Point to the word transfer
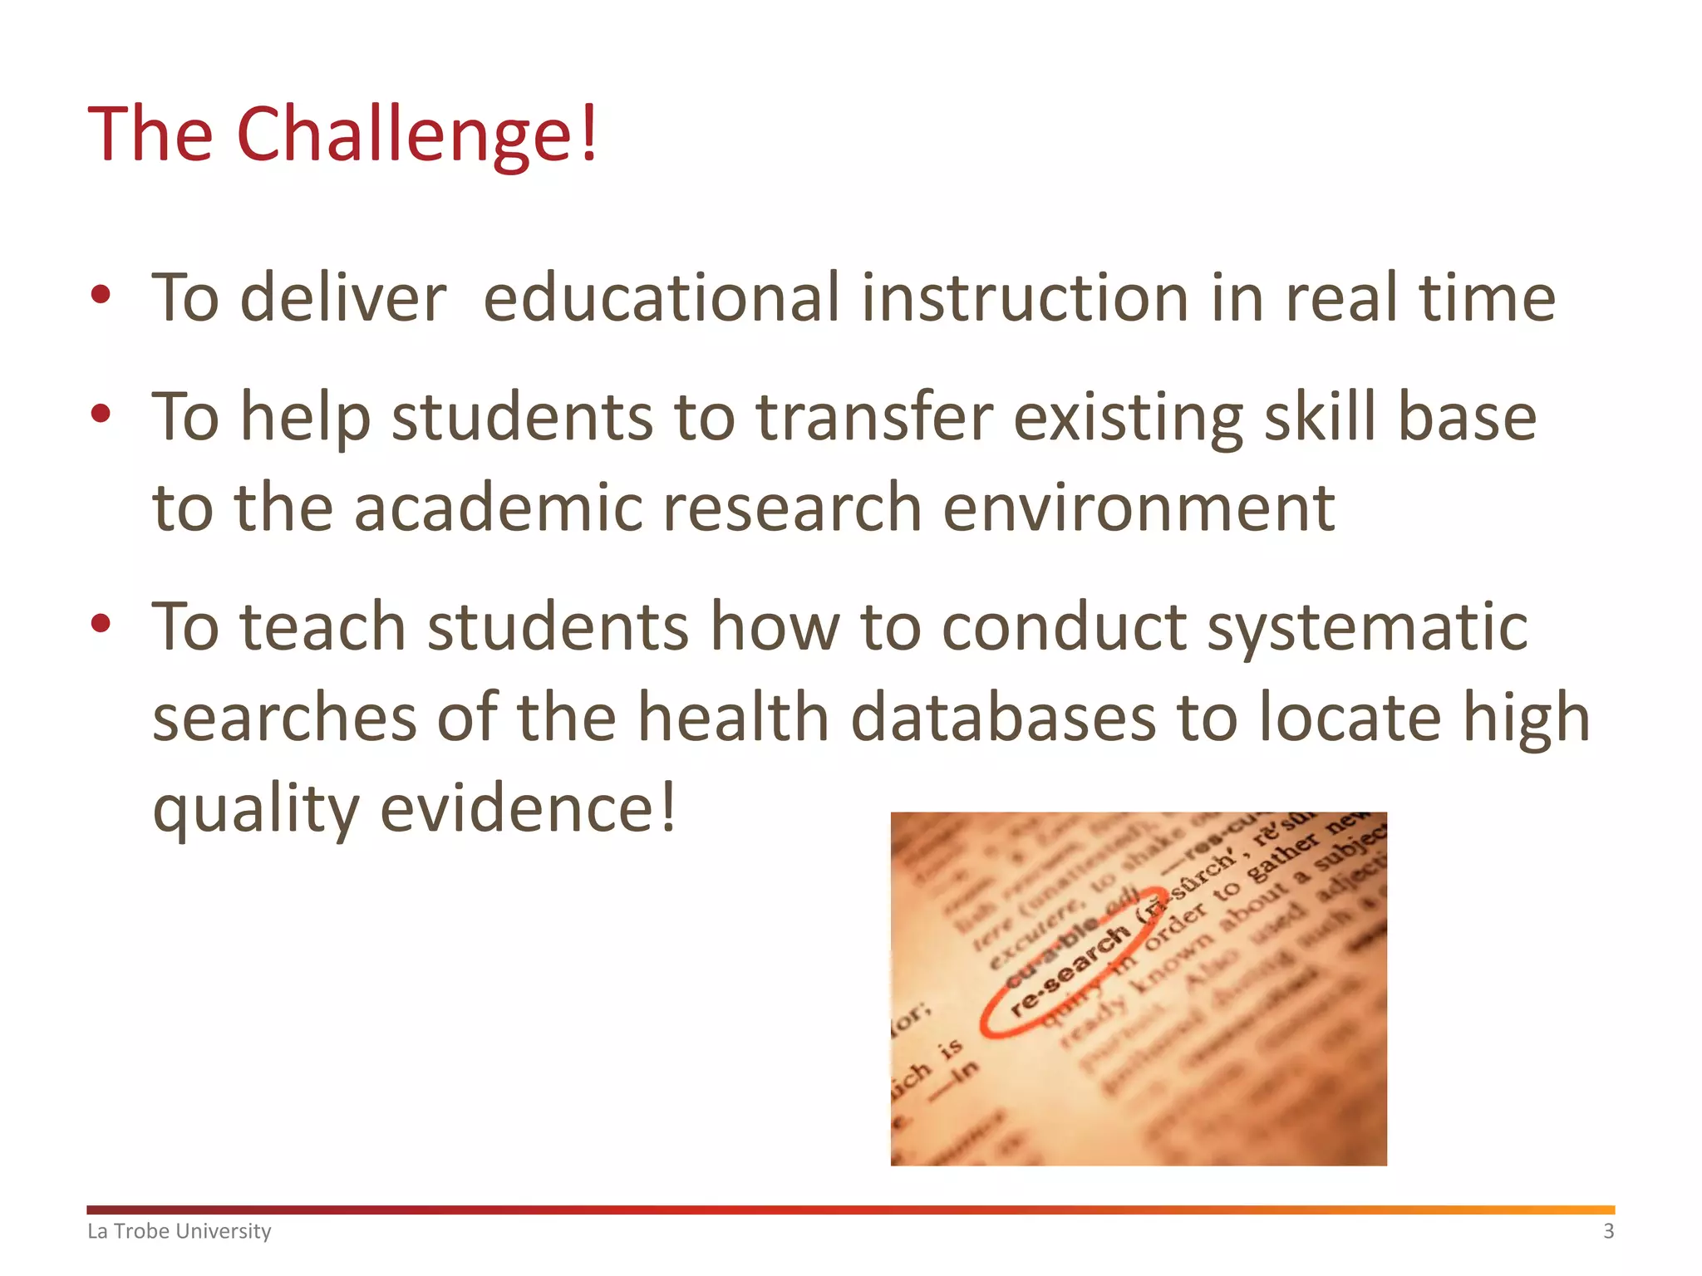pyautogui.click(x=874, y=417)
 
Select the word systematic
pyautogui.click(x=1367, y=628)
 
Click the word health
pyautogui.click(x=734, y=718)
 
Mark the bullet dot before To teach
pyautogui.click(x=101, y=624)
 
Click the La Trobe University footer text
pyautogui.click(x=180, y=1231)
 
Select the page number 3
pyautogui.click(x=1608, y=1231)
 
